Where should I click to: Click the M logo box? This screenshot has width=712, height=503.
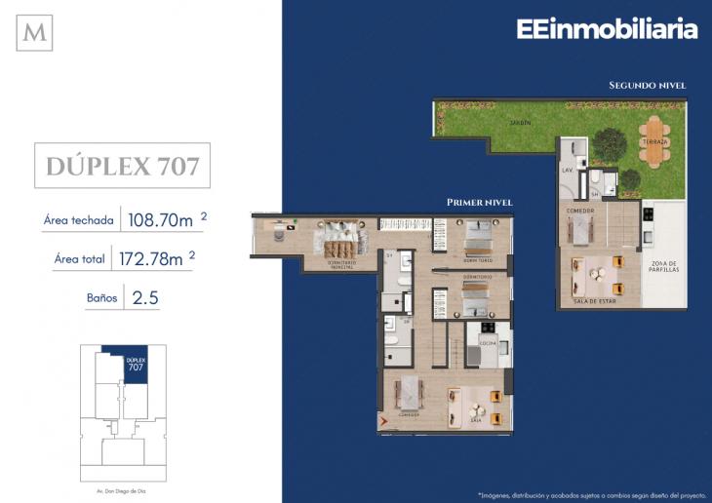coord(35,32)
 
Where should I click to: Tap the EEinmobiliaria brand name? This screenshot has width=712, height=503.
coord(607,29)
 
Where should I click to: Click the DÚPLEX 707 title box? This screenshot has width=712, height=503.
coord(122,166)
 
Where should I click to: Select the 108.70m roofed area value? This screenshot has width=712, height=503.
coord(159,220)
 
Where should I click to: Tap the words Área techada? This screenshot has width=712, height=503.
coord(78,220)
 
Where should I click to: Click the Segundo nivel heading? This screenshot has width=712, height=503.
coord(647,86)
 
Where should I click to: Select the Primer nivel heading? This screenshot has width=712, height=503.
coord(479,203)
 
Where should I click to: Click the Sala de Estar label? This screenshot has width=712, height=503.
coord(596,301)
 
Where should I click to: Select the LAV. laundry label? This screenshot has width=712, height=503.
coord(566,170)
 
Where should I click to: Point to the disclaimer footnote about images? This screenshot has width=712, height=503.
coord(589,493)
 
